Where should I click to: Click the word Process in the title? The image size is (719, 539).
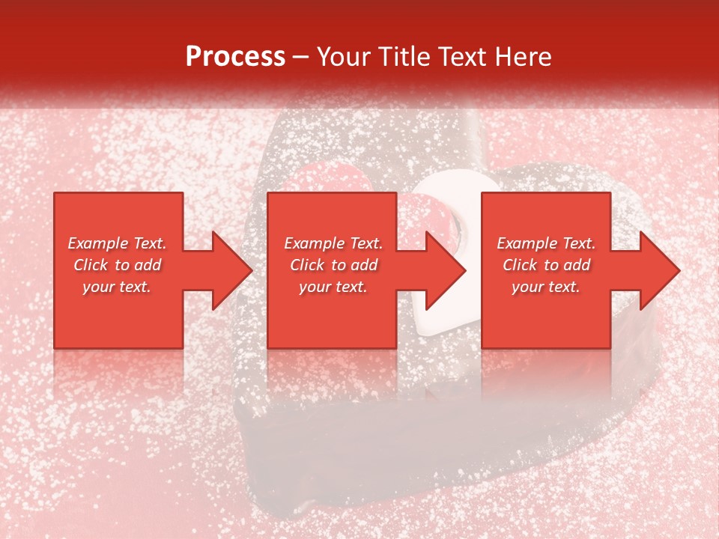[235, 57]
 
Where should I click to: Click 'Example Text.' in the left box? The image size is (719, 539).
[117, 243]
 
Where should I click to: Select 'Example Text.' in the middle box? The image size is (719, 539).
[333, 243]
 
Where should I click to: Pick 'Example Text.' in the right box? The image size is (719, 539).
[546, 243]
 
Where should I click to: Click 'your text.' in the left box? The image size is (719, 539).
[117, 287]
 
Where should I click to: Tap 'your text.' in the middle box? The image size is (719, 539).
[333, 287]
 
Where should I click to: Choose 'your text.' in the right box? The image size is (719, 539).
[546, 287]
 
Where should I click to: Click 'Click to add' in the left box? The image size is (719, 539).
[117, 265]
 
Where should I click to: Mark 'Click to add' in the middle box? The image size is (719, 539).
[333, 265]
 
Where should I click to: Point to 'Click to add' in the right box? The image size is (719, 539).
[546, 265]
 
